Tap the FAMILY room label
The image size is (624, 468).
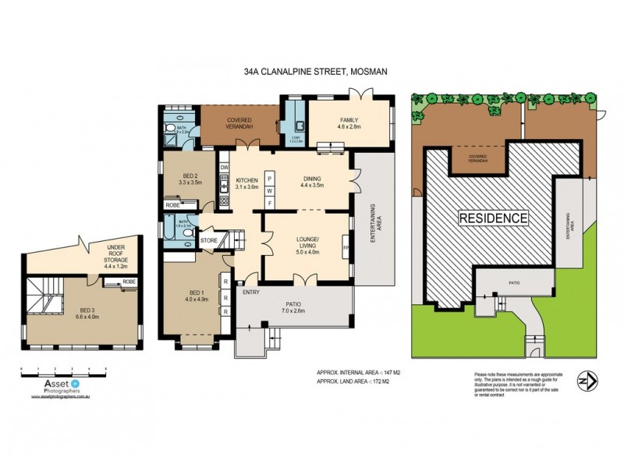pos(349,122)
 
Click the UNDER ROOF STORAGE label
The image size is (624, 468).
pos(116,254)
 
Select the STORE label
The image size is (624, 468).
pos(209,241)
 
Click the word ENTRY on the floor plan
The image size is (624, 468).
pos(250,292)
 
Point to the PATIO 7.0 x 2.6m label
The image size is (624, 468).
pos(293,307)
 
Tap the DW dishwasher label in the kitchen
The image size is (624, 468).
pos(224,167)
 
